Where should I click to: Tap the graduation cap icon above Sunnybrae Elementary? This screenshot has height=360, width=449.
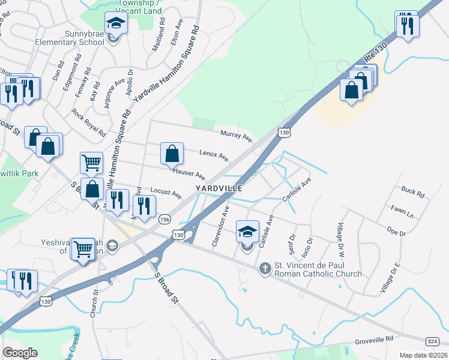pos(115,24)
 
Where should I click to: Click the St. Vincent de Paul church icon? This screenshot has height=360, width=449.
pos(265,268)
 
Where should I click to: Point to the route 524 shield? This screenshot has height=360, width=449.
pos(432,341)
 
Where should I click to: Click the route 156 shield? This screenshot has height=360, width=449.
pos(165,220)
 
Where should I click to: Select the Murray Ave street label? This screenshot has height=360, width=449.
pos(236,136)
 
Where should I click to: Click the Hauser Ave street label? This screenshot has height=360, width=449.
pos(189,175)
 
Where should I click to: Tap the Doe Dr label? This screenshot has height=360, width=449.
pos(397,231)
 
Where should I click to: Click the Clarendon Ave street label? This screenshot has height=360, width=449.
pos(220,227)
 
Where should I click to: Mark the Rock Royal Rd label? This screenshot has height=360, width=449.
pos(88,121)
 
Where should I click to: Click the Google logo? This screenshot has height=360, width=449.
pos(20,353)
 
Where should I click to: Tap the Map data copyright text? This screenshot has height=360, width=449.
pos(422,355)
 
